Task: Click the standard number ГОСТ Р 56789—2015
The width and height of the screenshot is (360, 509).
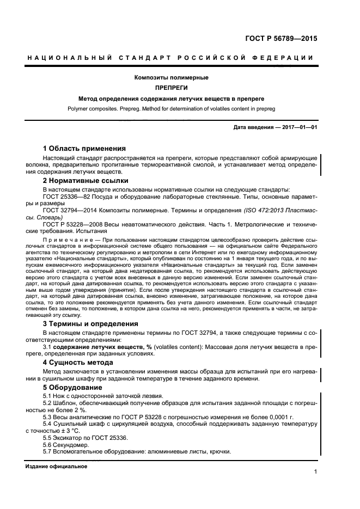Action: pos(283,39)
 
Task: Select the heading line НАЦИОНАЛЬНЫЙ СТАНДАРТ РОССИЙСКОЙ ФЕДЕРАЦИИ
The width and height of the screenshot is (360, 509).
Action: pos(170,58)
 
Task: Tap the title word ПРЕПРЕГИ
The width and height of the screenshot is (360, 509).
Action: pos(171,88)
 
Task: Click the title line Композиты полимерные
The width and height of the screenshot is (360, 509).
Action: pos(171,78)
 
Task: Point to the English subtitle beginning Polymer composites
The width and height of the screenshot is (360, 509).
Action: pos(171,109)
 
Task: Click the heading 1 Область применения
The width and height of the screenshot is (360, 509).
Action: pos(84,148)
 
